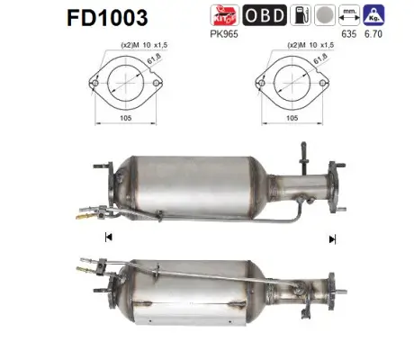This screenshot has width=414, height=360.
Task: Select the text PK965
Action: (x=227, y=37)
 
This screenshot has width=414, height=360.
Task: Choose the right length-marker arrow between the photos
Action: (x=332, y=238)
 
